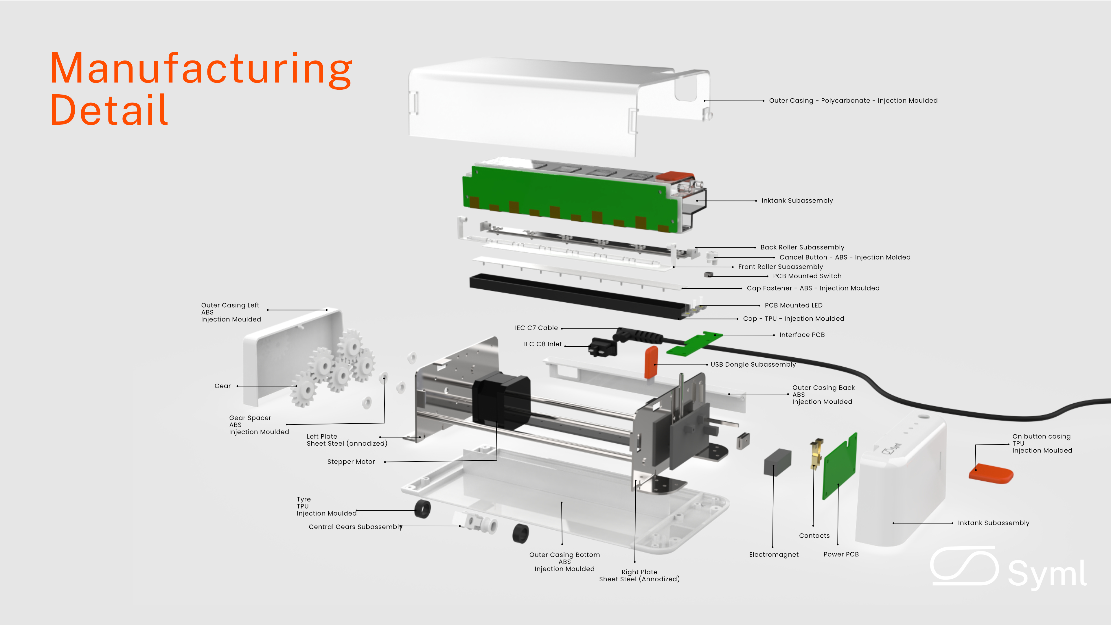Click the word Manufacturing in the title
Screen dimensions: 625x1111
tap(201, 69)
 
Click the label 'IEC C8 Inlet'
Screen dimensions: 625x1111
tap(542, 344)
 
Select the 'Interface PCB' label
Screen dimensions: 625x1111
tap(802, 335)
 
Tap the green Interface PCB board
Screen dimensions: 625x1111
tap(694, 344)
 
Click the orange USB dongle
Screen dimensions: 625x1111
tap(651, 361)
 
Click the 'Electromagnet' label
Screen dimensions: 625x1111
tap(774, 555)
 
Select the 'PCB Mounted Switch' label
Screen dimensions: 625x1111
tap(807, 276)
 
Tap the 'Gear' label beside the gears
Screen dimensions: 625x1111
tap(222, 386)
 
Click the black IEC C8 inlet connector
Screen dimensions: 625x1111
tap(602, 347)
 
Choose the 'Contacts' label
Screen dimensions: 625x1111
tap(814, 536)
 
